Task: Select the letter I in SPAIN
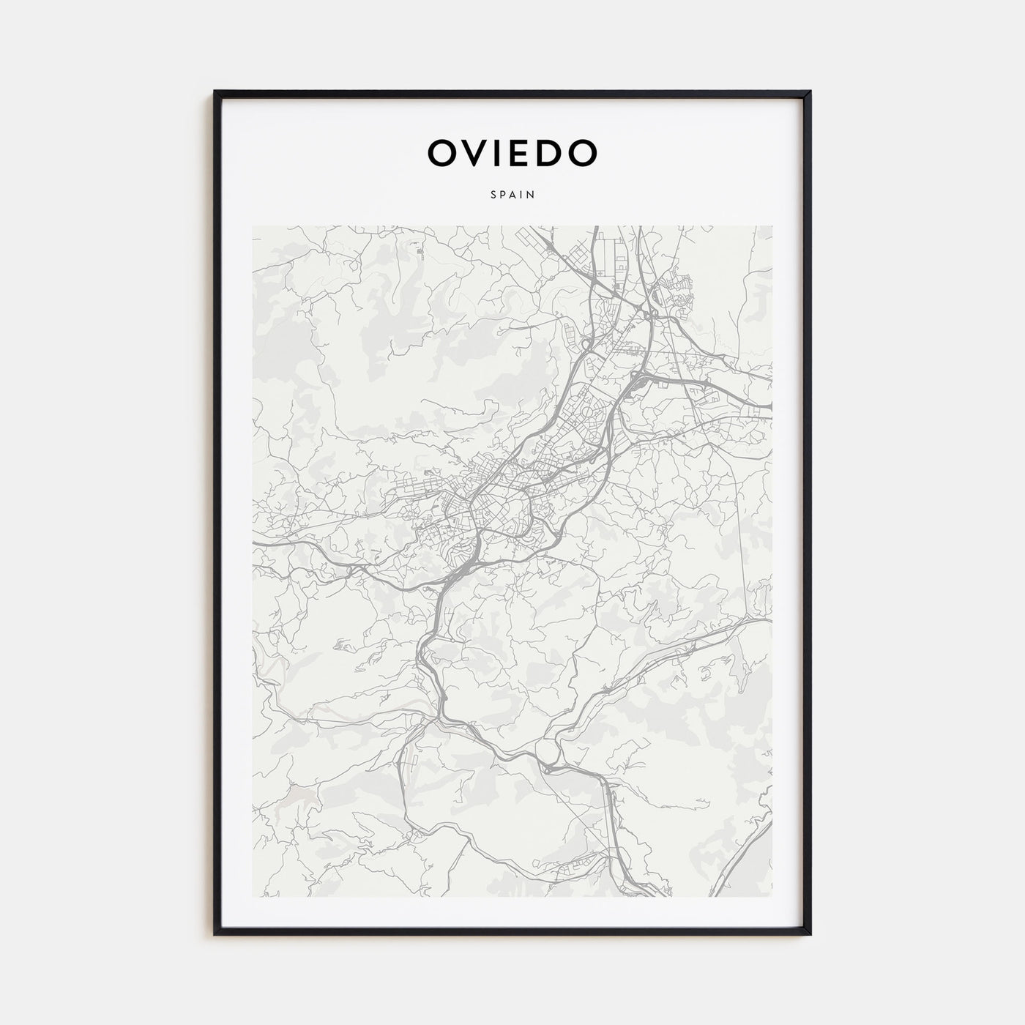pyautogui.click(x=521, y=195)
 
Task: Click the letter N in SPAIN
pyautogui.click(x=530, y=195)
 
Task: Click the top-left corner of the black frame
pyautogui.click(x=215, y=92)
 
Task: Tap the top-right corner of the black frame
pyautogui.click(x=810, y=92)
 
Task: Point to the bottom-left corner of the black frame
pyautogui.click(x=215, y=935)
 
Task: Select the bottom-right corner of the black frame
pyautogui.click(x=810, y=935)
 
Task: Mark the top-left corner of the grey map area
pyautogui.click(x=253, y=226)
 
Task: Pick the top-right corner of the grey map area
pyautogui.click(x=772, y=226)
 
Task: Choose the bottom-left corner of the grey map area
pyautogui.click(x=253, y=897)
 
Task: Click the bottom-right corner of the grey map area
pyautogui.click(x=772, y=897)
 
